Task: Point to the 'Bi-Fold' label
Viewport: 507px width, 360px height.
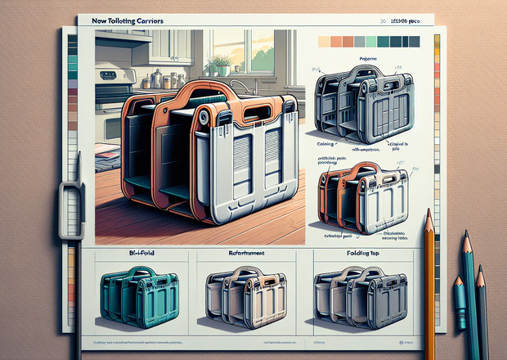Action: point(130,255)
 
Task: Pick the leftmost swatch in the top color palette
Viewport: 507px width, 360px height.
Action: point(323,42)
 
